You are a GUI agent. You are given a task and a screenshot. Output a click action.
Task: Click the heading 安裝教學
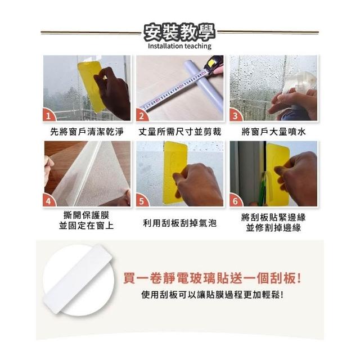point(179,33)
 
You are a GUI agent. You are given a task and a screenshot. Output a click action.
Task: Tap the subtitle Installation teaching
point(179,46)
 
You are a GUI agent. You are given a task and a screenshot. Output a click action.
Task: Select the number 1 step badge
point(48,115)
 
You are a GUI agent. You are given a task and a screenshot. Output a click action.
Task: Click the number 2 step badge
point(142,115)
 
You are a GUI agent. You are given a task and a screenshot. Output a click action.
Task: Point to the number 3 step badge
point(235,115)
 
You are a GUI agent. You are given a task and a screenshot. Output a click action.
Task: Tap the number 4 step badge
point(48,201)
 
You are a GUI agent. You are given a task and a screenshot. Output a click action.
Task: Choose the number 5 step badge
point(142,201)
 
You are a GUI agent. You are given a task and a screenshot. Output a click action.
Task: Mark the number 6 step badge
point(235,201)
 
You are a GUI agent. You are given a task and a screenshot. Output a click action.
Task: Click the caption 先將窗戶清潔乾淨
point(87,132)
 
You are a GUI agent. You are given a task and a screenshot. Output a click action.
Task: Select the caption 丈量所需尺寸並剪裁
point(180,132)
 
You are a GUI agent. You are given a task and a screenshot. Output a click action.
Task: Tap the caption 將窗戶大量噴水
point(273,132)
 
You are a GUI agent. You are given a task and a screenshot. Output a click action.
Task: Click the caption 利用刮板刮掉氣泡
point(180,223)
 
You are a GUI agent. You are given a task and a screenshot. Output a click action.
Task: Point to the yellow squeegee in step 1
point(90,85)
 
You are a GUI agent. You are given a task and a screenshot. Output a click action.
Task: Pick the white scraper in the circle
point(78,279)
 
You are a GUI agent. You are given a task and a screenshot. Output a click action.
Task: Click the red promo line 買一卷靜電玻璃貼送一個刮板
point(212,278)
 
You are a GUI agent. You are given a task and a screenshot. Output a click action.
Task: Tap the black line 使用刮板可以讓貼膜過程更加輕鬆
point(212,295)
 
